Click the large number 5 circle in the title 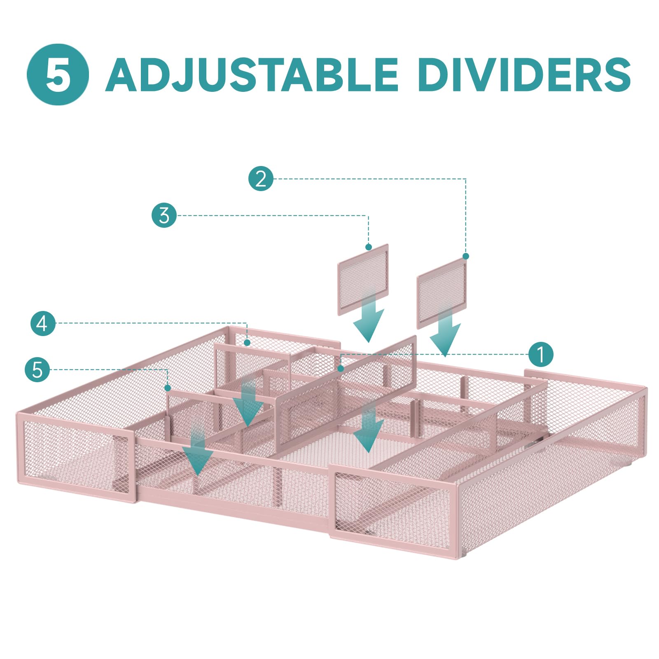(58, 75)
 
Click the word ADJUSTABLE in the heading (252, 75)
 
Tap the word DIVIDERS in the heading (527, 75)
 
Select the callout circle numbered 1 (541, 354)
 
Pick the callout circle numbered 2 (261, 179)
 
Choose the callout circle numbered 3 (164, 215)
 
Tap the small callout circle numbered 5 (37, 370)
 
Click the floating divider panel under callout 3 (363, 280)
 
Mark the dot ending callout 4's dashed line (247, 343)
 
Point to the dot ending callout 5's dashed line (168, 388)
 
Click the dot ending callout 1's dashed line (341, 369)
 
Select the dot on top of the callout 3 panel (369, 247)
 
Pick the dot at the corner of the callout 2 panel (466, 256)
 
